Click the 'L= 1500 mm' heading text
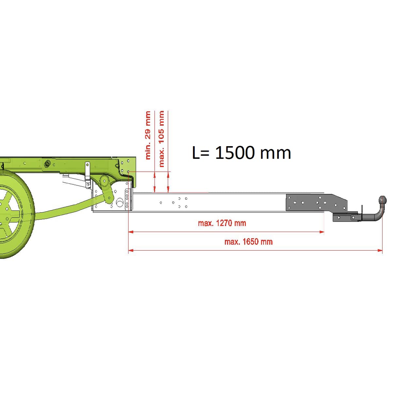(242, 152)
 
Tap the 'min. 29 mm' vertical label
(148, 135)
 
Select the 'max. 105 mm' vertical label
(161, 139)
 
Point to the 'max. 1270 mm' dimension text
(222, 223)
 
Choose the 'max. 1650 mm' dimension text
(248, 242)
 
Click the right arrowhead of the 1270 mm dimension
(322, 232)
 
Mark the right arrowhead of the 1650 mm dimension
(380, 251)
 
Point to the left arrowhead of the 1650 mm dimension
(131, 251)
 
